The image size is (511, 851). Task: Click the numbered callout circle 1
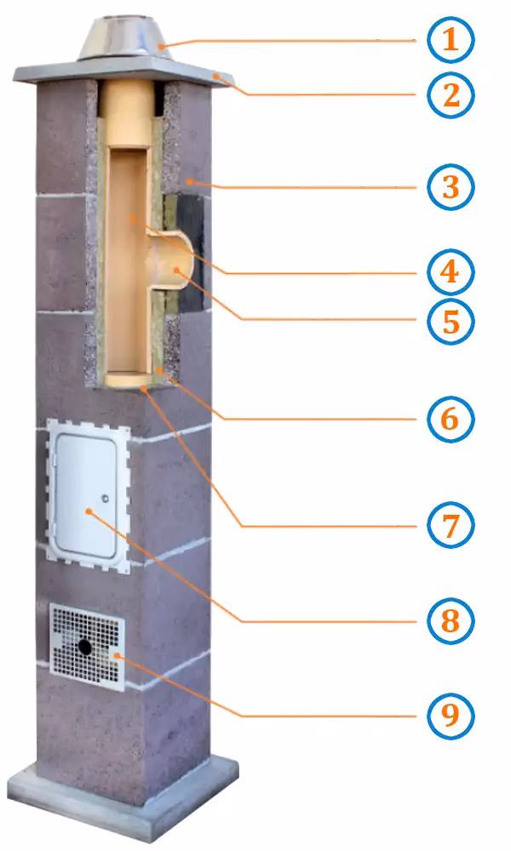tap(451, 40)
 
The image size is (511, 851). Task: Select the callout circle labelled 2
tap(451, 95)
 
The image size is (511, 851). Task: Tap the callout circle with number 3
tap(451, 187)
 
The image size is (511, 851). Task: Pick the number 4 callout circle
tap(451, 272)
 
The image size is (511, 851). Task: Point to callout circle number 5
tap(451, 321)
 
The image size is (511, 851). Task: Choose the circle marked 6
tap(451, 419)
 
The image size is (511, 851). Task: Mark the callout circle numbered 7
tap(451, 525)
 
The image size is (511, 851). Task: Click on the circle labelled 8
tap(451, 621)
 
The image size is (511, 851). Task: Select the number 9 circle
tap(451, 716)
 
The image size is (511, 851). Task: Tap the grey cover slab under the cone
tap(125, 71)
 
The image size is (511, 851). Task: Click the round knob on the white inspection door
tap(105, 499)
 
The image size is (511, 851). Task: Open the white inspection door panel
tap(86, 496)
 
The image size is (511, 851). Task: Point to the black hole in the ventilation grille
tap(85, 647)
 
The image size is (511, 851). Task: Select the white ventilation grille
tap(87, 647)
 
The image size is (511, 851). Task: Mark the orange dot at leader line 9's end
tap(116, 656)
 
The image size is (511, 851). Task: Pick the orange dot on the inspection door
tap(88, 511)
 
